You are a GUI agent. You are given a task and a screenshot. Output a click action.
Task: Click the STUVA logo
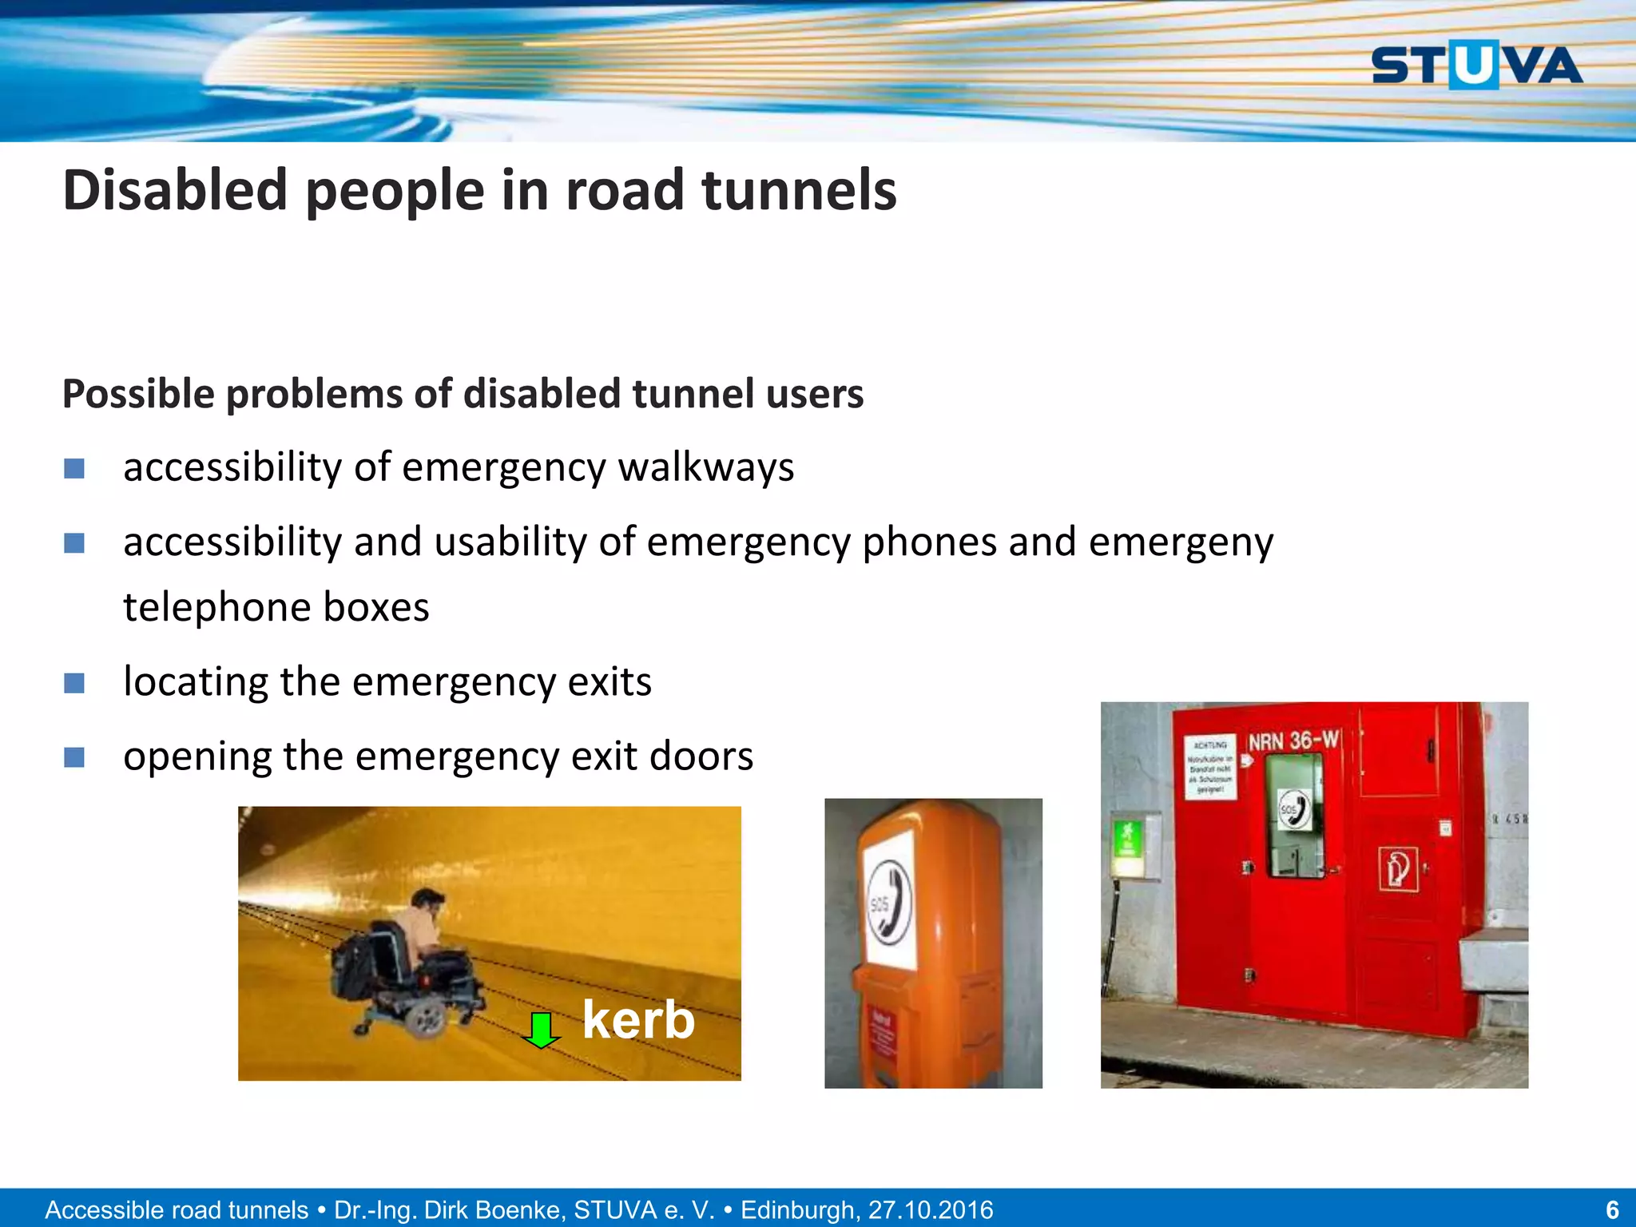1476,66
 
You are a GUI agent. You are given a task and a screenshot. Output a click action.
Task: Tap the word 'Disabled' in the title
175,191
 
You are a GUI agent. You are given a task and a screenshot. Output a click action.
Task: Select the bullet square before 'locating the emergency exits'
74,683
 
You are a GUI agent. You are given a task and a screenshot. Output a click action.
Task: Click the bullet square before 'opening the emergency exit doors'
74,756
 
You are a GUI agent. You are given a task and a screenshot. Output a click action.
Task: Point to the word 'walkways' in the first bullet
706,467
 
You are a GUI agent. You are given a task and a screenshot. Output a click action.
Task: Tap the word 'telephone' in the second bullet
212,607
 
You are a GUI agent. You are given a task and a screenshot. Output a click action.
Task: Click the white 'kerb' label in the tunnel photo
638,1020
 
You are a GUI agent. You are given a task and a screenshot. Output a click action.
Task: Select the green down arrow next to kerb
542,1030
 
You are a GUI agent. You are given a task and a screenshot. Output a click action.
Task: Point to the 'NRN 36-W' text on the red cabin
1293,741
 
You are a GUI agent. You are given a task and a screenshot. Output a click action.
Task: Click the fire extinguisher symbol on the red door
1398,869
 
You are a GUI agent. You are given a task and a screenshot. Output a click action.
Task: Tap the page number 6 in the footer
1612,1209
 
